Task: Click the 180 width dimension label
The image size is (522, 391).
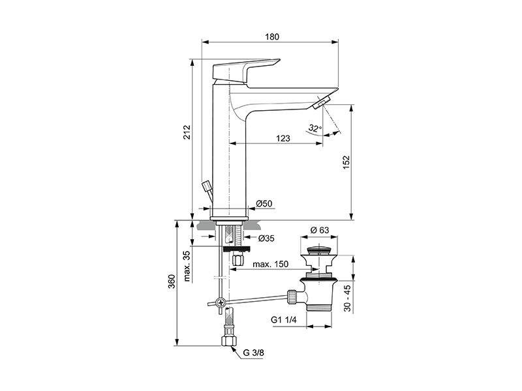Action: click(272, 36)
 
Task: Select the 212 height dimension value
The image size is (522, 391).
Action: click(187, 132)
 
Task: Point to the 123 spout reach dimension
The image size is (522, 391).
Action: click(283, 138)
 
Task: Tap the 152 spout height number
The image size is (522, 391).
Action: click(346, 162)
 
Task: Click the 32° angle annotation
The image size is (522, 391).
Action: click(315, 128)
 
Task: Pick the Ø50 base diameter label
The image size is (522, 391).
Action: click(264, 203)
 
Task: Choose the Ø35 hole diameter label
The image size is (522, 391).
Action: click(266, 238)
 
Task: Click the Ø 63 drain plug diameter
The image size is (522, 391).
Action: click(319, 230)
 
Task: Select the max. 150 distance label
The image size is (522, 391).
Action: click(270, 265)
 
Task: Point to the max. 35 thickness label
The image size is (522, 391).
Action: click(187, 266)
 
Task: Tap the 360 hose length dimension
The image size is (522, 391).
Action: click(172, 282)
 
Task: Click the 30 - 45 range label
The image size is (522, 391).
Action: click(347, 298)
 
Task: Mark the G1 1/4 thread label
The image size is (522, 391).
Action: click(284, 320)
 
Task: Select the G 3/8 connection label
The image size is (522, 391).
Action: click(253, 353)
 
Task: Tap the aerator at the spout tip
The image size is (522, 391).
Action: click(321, 103)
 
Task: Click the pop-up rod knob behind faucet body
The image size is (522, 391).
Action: click(206, 185)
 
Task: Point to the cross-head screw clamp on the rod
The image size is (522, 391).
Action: click(221, 302)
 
